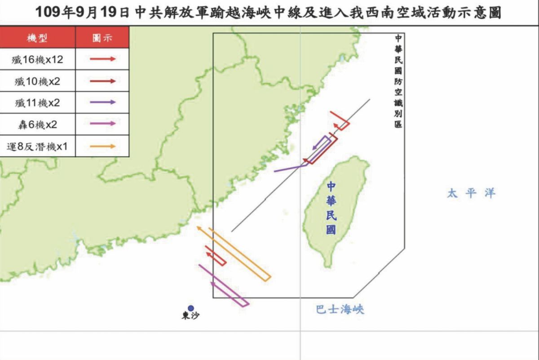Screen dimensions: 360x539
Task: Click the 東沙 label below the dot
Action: point(190,316)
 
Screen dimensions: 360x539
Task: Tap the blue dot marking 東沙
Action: point(191,308)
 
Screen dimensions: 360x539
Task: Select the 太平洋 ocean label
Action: point(471,193)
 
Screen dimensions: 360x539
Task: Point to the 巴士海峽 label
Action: point(340,309)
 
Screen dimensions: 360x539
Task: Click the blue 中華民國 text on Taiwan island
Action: point(331,208)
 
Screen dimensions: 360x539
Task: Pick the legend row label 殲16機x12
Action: point(38,59)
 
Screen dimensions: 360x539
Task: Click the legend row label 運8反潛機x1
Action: point(38,146)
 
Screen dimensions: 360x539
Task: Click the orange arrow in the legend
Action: point(103,146)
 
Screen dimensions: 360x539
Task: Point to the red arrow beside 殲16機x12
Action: point(103,59)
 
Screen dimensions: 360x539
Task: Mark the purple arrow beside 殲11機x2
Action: point(103,103)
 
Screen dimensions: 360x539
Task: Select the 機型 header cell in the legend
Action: point(38,38)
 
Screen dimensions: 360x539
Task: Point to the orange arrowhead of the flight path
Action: point(199,229)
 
